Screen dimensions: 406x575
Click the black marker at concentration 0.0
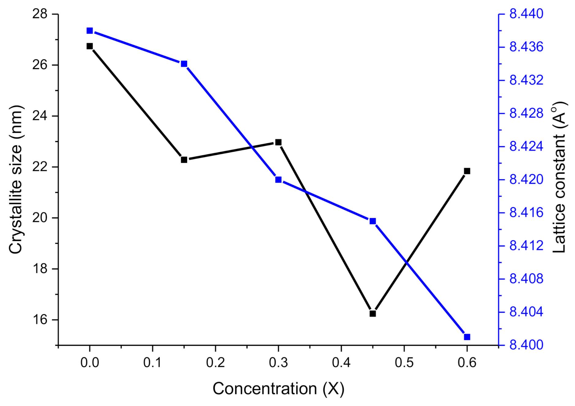click(x=89, y=46)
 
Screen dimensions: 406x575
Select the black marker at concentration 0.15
click(x=184, y=160)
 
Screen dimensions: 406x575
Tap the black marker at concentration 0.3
click(x=278, y=142)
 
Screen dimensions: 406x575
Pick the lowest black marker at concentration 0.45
click(x=373, y=313)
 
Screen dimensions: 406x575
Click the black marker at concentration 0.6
click(x=467, y=171)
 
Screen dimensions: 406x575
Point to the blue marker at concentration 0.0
click(x=89, y=31)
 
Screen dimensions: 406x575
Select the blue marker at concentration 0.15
click(x=184, y=64)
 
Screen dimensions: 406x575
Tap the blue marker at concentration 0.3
click(x=278, y=180)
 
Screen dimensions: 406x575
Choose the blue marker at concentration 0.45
click(x=373, y=221)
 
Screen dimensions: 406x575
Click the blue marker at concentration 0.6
click(x=467, y=337)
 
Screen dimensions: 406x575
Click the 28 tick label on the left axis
click(x=40, y=14)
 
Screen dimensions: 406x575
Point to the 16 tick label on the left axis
click(x=40, y=320)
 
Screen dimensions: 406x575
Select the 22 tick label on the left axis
click(x=40, y=167)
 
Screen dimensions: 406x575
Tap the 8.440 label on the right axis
click(x=526, y=14)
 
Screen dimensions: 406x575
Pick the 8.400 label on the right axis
click(x=526, y=345)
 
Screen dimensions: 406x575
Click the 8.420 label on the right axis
click(x=526, y=180)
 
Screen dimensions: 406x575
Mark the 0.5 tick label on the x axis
click(x=404, y=363)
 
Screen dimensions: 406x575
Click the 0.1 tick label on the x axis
click(x=152, y=363)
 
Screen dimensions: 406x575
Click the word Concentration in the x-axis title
click(x=265, y=389)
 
